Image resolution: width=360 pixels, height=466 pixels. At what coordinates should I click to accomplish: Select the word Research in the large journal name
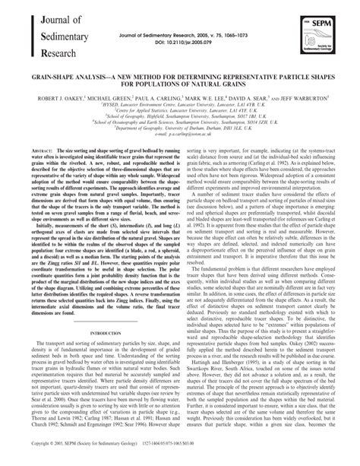coord(49,53)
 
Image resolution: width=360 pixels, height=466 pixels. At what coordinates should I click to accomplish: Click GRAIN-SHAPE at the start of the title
coord(54,77)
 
